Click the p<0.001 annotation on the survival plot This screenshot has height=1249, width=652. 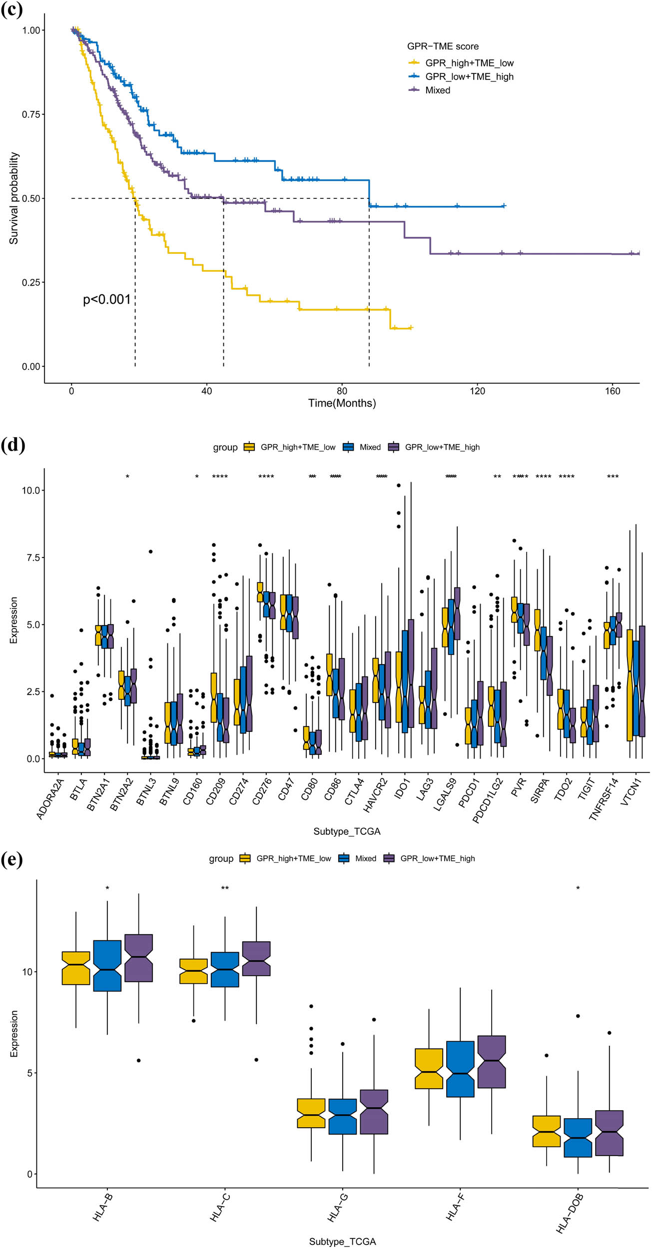(x=106, y=300)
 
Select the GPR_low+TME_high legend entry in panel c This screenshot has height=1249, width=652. (x=469, y=76)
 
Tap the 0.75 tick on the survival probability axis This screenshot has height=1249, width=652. (x=30, y=114)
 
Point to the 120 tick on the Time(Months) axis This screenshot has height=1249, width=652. (x=477, y=391)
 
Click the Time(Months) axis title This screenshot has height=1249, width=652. (x=342, y=403)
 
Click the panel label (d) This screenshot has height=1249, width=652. (x=12, y=444)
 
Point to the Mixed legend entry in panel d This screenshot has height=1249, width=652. (x=370, y=447)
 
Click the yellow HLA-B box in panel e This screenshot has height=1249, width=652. (x=76, y=968)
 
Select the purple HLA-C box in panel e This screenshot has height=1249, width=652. (x=256, y=958)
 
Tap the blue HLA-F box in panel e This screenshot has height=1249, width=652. (x=460, y=1069)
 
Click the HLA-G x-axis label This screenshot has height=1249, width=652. (x=338, y=1207)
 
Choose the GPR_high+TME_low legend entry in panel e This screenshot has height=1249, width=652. (x=293, y=858)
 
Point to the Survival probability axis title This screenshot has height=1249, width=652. (x=14, y=198)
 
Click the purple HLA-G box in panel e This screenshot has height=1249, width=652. (x=374, y=1112)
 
